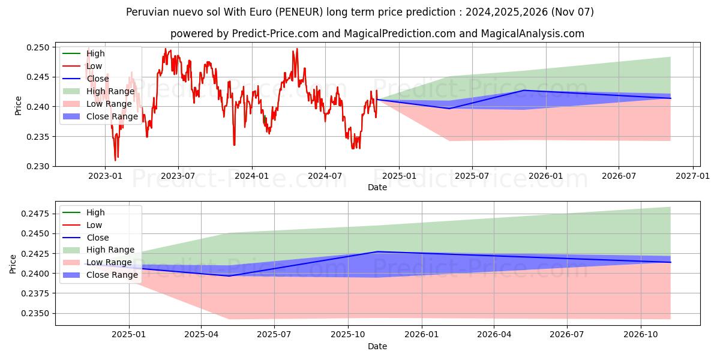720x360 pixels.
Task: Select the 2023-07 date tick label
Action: tap(178, 176)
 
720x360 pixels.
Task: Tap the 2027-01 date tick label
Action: tap(692, 176)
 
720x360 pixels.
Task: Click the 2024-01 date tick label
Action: tap(251, 176)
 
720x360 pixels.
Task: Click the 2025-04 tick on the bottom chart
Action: tap(202, 335)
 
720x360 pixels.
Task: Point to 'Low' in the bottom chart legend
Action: tap(94, 225)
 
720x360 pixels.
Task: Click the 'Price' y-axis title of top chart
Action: tap(19, 105)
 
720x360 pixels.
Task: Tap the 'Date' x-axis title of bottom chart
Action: tap(377, 346)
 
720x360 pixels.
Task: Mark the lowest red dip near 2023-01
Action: tap(115, 160)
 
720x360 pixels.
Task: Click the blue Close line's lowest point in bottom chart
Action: tap(229, 276)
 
